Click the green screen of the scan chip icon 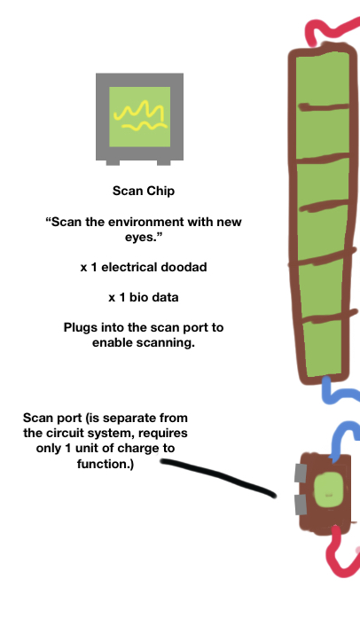tap(140, 116)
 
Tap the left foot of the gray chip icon tap(113, 162)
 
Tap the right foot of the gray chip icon tap(163, 162)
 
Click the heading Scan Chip tap(144, 191)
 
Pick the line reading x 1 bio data tap(144, 297)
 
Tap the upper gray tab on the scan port tap(301, 473)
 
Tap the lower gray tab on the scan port tap(301, 505)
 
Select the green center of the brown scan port tap(328, 489)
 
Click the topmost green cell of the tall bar tap(323, 81)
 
